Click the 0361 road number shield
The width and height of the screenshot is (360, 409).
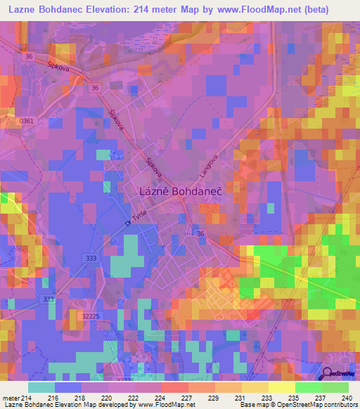27,121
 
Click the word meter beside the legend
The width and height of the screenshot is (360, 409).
10,398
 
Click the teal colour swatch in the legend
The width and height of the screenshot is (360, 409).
41,387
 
